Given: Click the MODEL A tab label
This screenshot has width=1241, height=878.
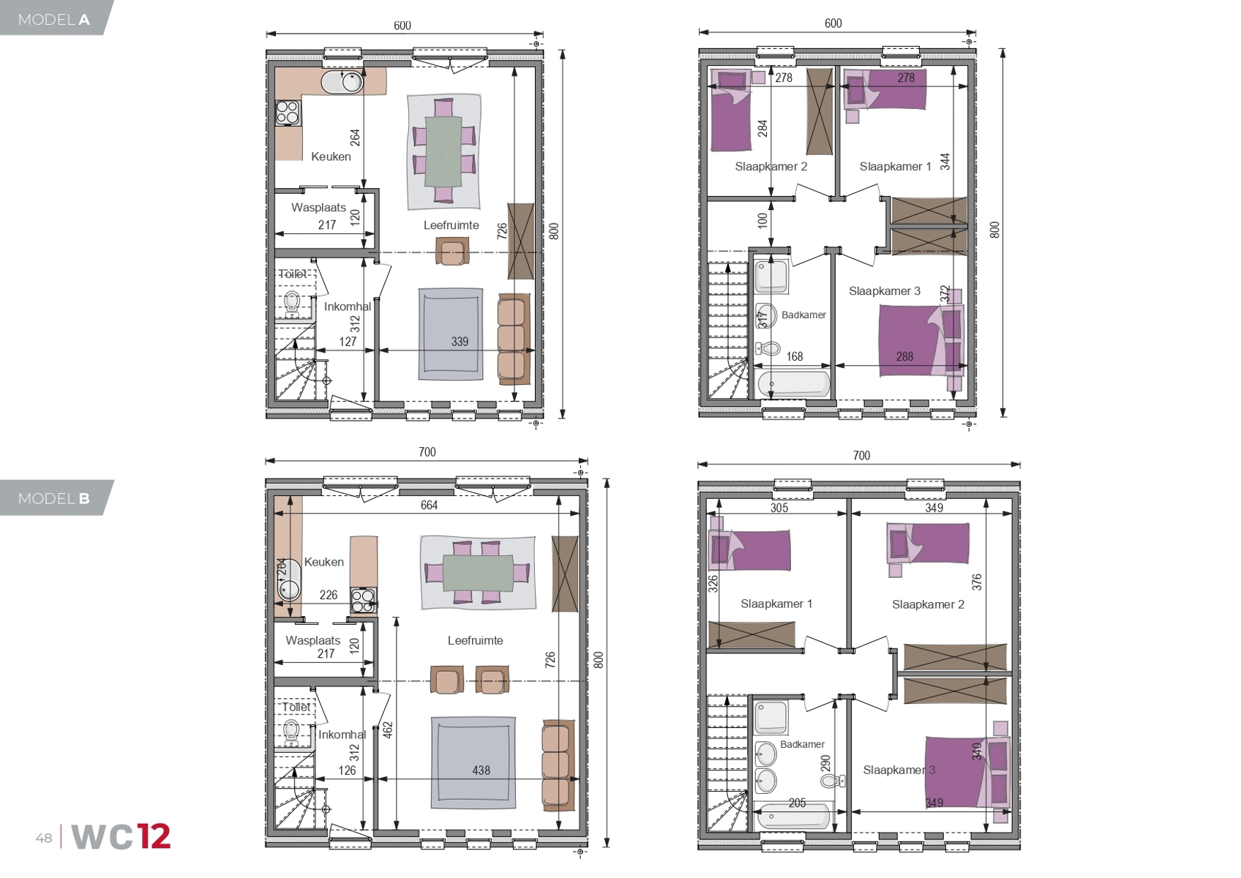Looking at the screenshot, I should click(53, 20).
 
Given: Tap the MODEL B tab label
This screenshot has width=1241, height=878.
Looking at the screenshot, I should click(53, 498).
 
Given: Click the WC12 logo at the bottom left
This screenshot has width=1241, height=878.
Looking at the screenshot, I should click(121, 837).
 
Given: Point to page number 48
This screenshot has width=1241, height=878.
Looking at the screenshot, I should click(44, 838).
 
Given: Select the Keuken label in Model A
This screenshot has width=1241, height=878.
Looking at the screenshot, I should click(331, 157).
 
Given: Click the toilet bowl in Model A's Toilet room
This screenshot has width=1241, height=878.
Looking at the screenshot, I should click(292, 301).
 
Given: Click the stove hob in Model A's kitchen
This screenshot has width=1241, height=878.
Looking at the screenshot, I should click(288, 113).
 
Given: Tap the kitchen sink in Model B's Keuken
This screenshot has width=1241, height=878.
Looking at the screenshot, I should click(289, 579).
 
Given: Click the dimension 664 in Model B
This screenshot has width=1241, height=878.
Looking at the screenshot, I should click(429, 505).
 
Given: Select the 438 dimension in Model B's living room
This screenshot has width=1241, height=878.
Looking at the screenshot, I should click(481, 770).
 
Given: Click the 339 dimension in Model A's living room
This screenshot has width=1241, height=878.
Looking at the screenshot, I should click(460, 341).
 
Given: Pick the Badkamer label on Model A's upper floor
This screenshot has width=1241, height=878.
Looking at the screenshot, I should click(803, 315).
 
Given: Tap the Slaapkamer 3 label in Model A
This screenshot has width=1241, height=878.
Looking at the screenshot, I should click(884, 291).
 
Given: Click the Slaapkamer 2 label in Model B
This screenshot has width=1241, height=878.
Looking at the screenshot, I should click(928, 604).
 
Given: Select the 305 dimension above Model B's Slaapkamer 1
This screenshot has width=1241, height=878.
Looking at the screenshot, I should click(779, 508).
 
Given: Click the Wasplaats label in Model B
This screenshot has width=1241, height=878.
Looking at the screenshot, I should click(312, 640).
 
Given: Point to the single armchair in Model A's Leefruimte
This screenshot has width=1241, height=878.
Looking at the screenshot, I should click(452, 252).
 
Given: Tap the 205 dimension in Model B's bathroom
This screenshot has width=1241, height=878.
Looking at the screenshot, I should click(797, 803).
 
